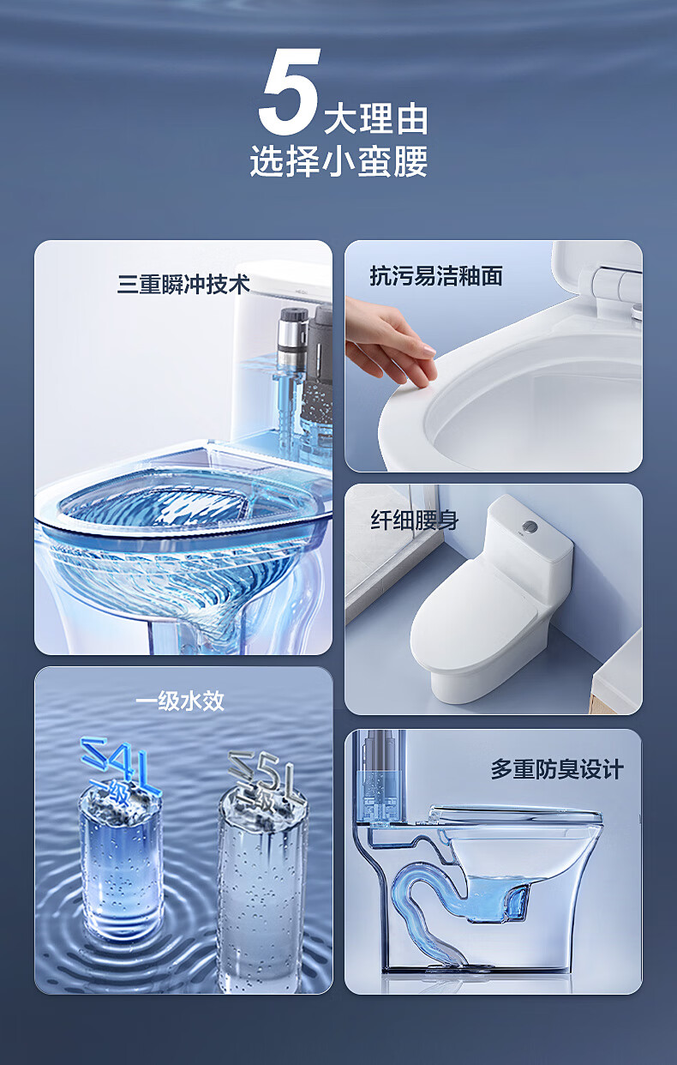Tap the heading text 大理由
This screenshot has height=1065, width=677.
(376, 119)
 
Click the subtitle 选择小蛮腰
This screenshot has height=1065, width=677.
(338, 161)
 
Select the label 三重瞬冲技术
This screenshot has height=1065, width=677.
(183, 285)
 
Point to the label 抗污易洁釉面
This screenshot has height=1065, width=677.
(436, 276)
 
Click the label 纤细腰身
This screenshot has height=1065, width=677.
(414, 520)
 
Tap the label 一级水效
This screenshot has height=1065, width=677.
(180, 701)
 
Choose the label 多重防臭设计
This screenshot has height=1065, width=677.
(557, 769)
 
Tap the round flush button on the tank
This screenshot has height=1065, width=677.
(530, 526)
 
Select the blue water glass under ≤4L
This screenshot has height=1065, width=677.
(122, 861)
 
